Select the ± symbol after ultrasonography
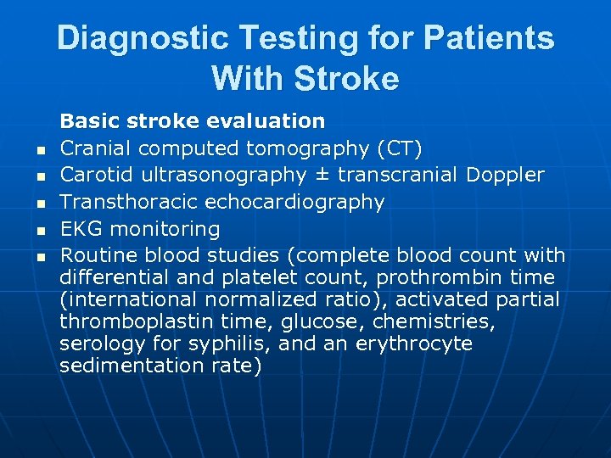pyautogui.click(x=321, y=175)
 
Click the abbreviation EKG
pyautogui.click(x=79, y=229)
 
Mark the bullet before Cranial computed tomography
pyautogui.click(x=40, y=151)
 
